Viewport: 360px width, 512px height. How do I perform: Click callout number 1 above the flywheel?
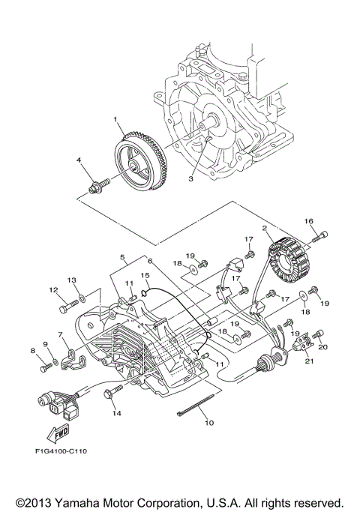click(x=116, y=120)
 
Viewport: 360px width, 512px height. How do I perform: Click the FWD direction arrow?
click(x=55, y=434)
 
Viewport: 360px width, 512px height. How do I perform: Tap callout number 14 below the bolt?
click(x=116, y=413)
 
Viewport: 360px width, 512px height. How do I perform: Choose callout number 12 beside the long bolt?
click(x=54, y=290)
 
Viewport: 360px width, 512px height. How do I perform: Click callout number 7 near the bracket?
click(x=61, y=334)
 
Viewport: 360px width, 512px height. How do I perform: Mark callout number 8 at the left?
click(x=33, y=350)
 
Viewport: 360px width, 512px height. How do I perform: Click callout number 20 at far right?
click(x=323, y=346)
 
